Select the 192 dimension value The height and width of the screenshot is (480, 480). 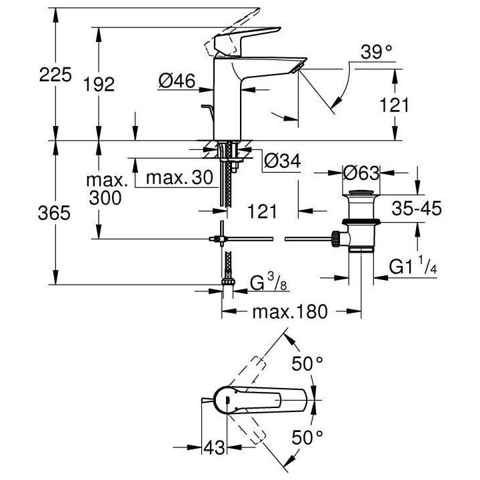click(100, 83)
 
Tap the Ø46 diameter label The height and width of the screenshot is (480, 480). click(177, 82)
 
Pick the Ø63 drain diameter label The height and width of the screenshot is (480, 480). click(361, 173)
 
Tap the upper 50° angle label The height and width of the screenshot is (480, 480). click(309, 364)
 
